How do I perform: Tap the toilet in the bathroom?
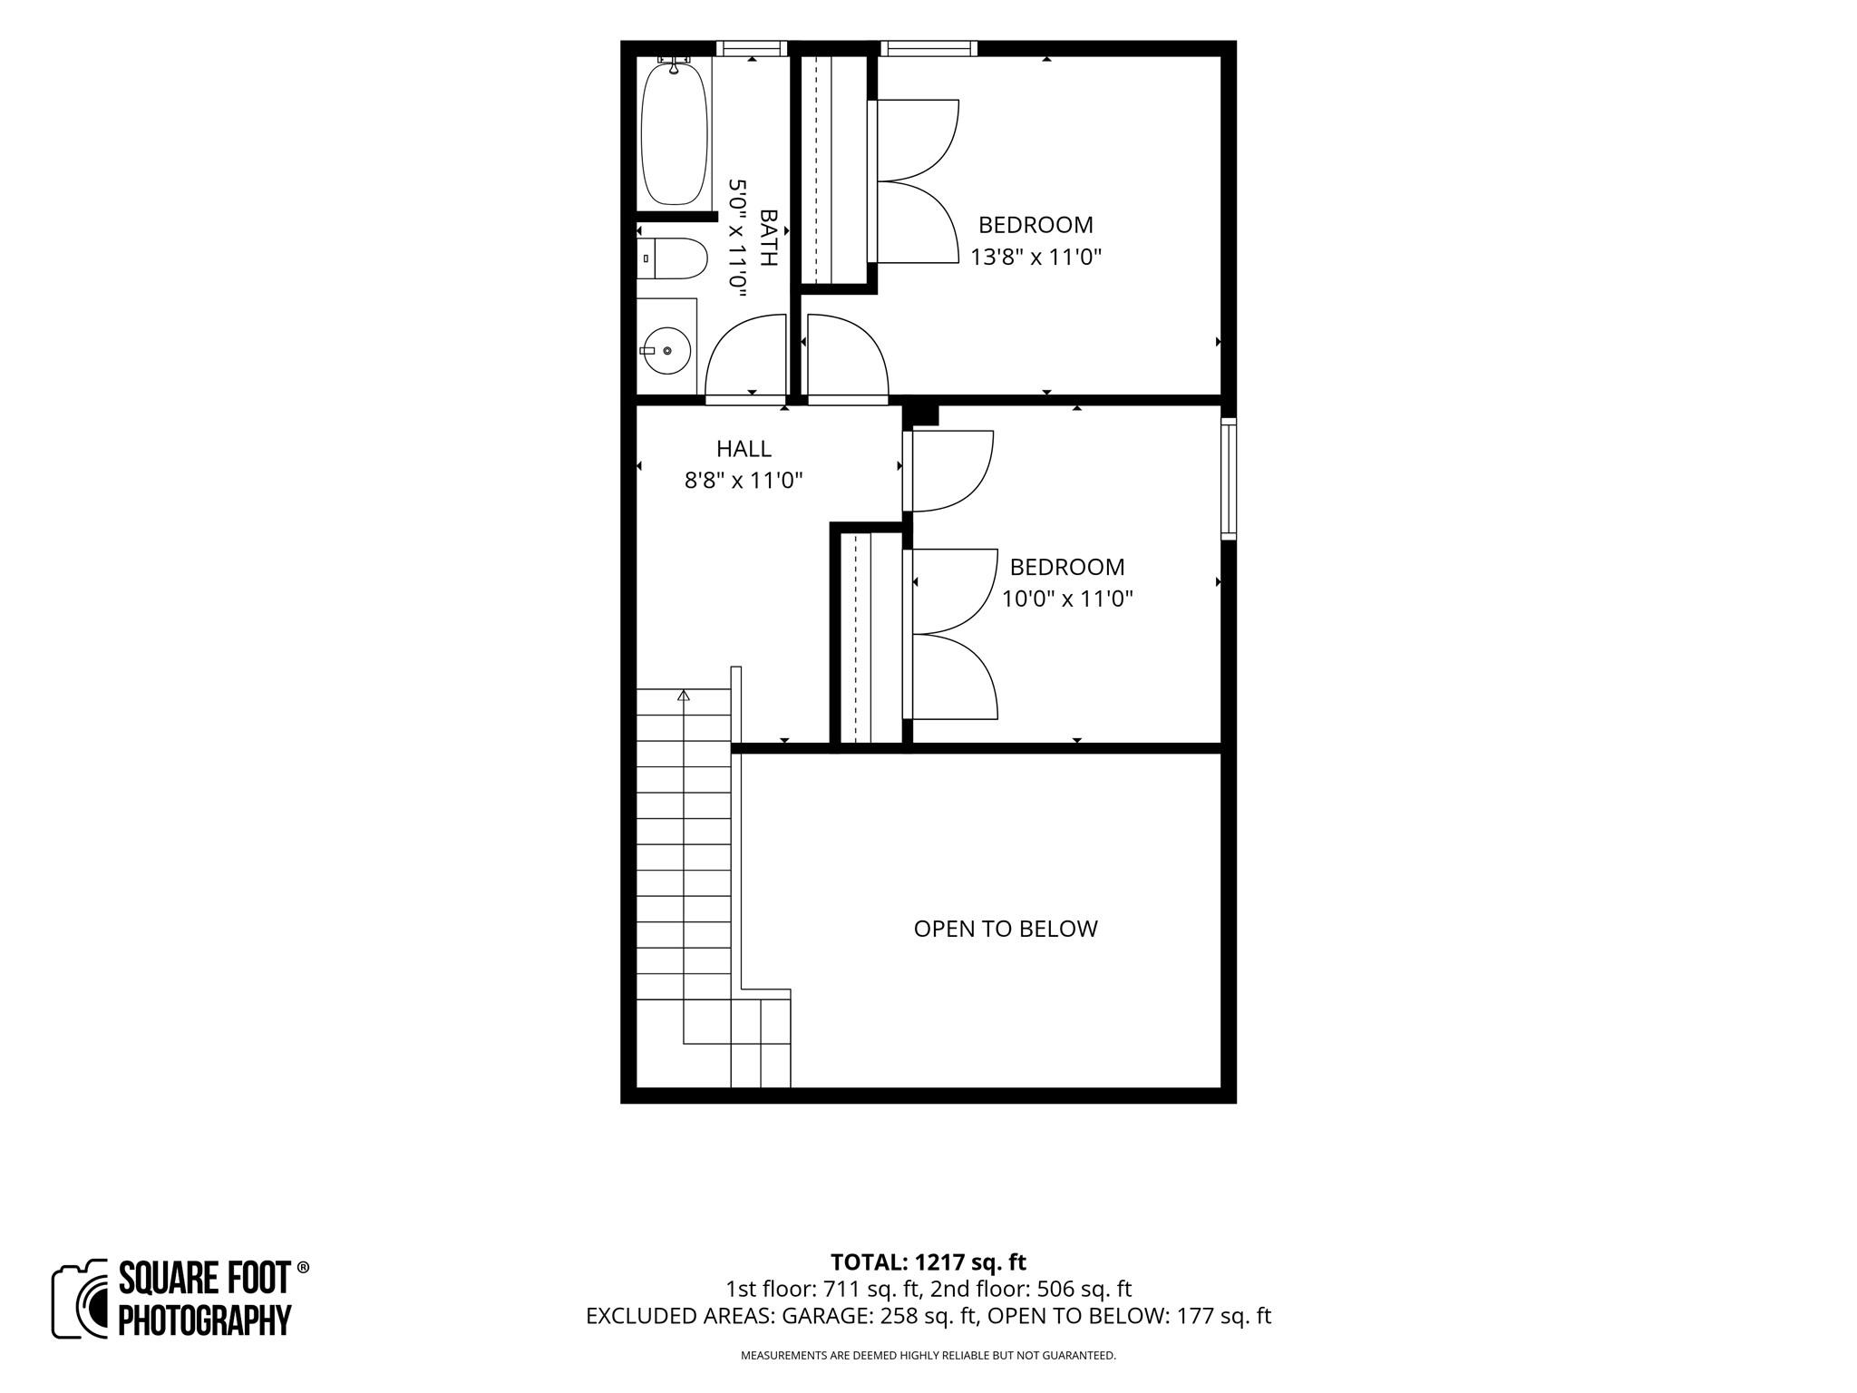click(672, 258)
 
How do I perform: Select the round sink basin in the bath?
click(666, 350)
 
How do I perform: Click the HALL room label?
click(744, 449)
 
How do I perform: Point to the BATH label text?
click(768, 238)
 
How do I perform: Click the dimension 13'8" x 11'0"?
click(1035, 258)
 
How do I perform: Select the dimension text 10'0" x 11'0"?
click(1067, 599)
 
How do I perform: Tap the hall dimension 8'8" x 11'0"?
click(744, 481)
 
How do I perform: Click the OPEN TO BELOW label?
click(1006, 929)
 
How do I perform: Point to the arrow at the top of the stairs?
click(684, 696)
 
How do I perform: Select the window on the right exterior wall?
click(1229, 478)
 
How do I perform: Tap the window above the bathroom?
click(752, 49)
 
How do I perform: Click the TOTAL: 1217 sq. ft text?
click(928, 1262)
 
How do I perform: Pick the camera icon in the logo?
click(82, 1298)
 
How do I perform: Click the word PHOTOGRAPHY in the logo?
click(205, 1320)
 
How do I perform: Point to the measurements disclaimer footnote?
click(928, 1356)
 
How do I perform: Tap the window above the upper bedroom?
click(928, 49)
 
